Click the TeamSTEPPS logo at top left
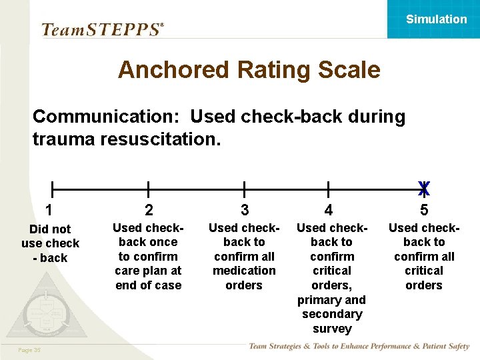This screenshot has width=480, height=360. tap(102, 29)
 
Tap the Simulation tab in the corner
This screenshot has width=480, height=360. tap(437, 19)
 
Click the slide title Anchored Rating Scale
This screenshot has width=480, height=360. tap(249, 70)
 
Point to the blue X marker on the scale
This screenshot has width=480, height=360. tap(423, 189)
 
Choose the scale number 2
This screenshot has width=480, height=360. tap(149, 210)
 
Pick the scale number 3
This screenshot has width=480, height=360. tap(244, 210)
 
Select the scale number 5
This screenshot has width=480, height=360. tap(424, 210)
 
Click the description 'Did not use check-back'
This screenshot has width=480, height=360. tap(50, 243)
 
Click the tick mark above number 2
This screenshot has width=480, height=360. tap(148, 190)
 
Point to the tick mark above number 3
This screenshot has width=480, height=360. tap(244, 190)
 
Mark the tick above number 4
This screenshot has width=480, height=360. tap(328, 190)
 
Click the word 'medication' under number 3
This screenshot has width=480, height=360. tap(244, 271)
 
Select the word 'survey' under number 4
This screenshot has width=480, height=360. tap(332, 329)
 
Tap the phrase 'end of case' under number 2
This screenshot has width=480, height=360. tap(149, 285)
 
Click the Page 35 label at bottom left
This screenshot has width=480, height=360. tap(30, 350)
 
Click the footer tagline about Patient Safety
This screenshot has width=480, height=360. tap(359, 347)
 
